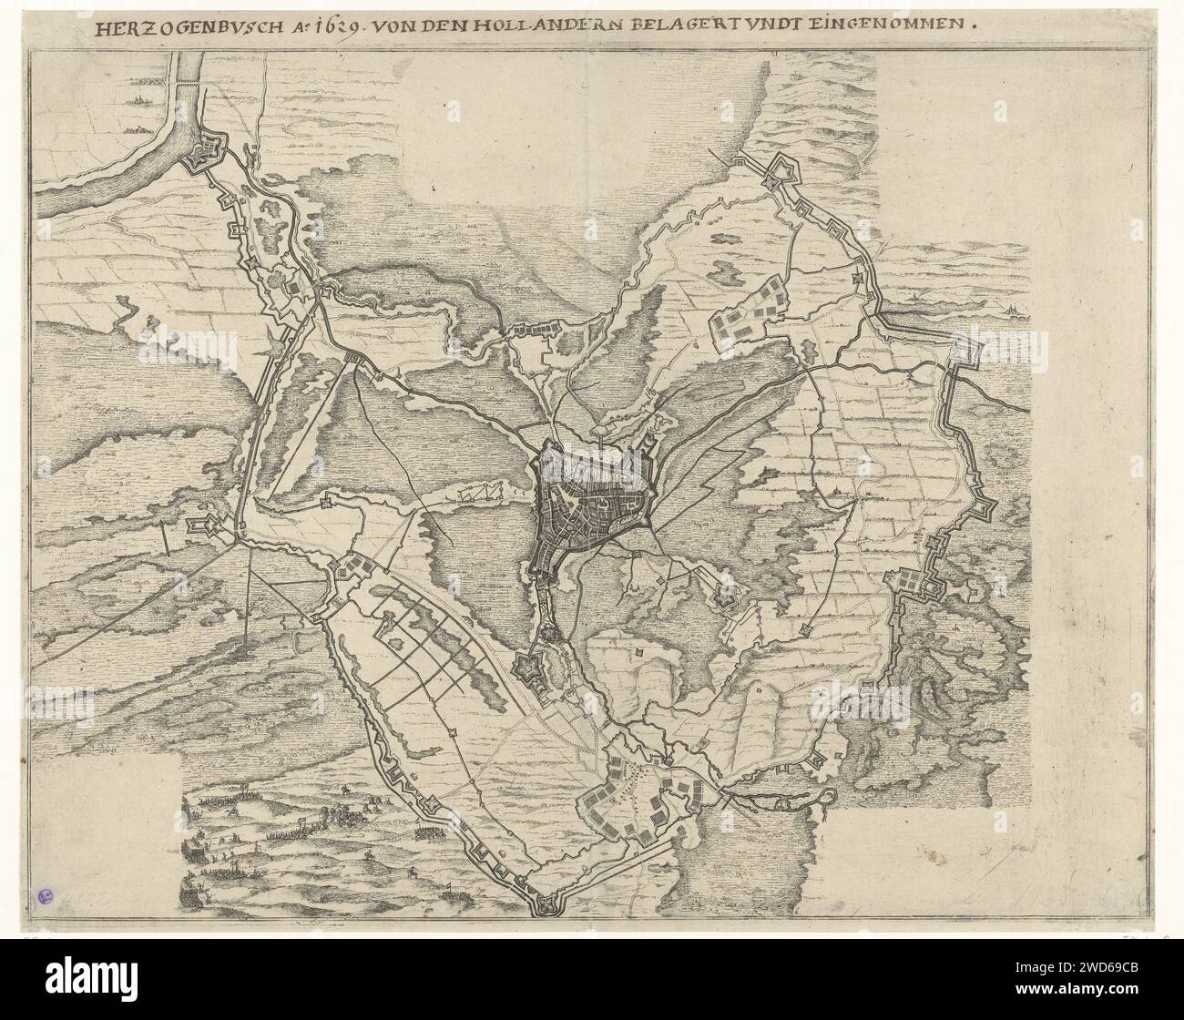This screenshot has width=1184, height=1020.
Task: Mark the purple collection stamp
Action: pos(46,897)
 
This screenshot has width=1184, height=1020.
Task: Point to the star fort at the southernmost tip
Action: pos(546,903)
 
